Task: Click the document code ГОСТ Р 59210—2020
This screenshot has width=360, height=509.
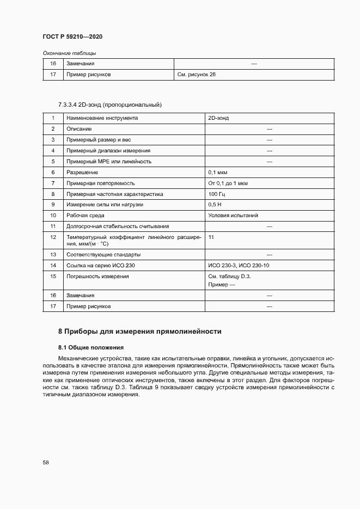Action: click(x=72, y=36)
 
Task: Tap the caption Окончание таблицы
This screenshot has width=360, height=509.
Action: click(x=69, y=53)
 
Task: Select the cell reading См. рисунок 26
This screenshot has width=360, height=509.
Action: click(x=197, y=75)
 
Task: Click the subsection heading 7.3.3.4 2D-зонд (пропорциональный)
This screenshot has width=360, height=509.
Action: click(x=111, y=104)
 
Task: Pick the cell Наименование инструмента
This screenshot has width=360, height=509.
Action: click(x=102, y=118)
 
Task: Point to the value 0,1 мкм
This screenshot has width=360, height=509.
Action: click(x=217, y=172)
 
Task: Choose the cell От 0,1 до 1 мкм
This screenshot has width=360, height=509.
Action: click(x=228, y=183)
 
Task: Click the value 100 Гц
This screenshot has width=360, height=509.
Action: click(x=216, y=194)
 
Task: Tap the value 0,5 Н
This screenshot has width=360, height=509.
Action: click(x=215, y=205)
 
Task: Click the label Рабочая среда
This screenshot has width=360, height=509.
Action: click(x=86, y=216)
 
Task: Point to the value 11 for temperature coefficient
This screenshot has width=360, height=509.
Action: click(x=211, y=237)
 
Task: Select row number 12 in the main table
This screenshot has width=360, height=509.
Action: click(x=53, y=237)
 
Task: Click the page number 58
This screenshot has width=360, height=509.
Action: click(x=46, y=462)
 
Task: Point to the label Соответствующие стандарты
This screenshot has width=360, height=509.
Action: click(x=103, y=254)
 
